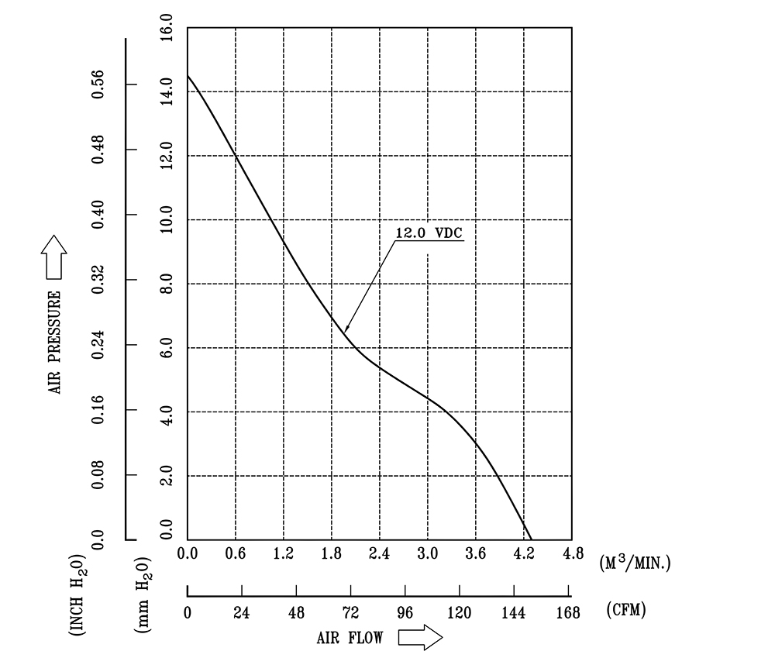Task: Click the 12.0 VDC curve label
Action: (429, 233)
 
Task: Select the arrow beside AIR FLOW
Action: (419, 637)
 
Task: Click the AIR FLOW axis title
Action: (350, 638)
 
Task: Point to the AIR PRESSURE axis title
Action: (55, 341)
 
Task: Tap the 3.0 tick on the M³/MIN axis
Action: (427, 554)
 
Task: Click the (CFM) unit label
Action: (625, 610)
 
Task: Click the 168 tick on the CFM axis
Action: (568, 612)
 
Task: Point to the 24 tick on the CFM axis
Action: (241, 612)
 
